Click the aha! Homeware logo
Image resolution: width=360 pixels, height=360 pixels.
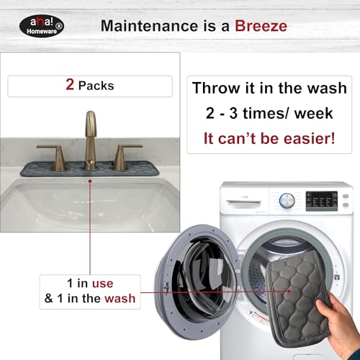coord(42,26)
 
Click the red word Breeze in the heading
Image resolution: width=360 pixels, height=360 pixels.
coord(261,26)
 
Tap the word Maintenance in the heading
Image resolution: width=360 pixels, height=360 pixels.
coord(149,26)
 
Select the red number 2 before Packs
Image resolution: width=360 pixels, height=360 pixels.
coord(70,84)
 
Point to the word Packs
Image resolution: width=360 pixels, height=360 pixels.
coord(96,86)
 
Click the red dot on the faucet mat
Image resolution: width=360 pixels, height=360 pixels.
coord(90,181)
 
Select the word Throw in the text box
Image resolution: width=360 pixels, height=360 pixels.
coord(217,88)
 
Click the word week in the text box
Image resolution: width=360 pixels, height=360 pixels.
coord(314,113)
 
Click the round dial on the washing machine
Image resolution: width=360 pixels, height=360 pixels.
coord(287,200)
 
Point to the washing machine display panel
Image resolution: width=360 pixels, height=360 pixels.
coord(322,201)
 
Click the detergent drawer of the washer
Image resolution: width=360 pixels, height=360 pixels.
coord(243,203)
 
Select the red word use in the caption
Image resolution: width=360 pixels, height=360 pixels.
coord(102,284)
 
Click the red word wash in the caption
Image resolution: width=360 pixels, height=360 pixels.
coord(120,299)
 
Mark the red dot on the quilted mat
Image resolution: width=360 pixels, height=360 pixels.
coord(289,291)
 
